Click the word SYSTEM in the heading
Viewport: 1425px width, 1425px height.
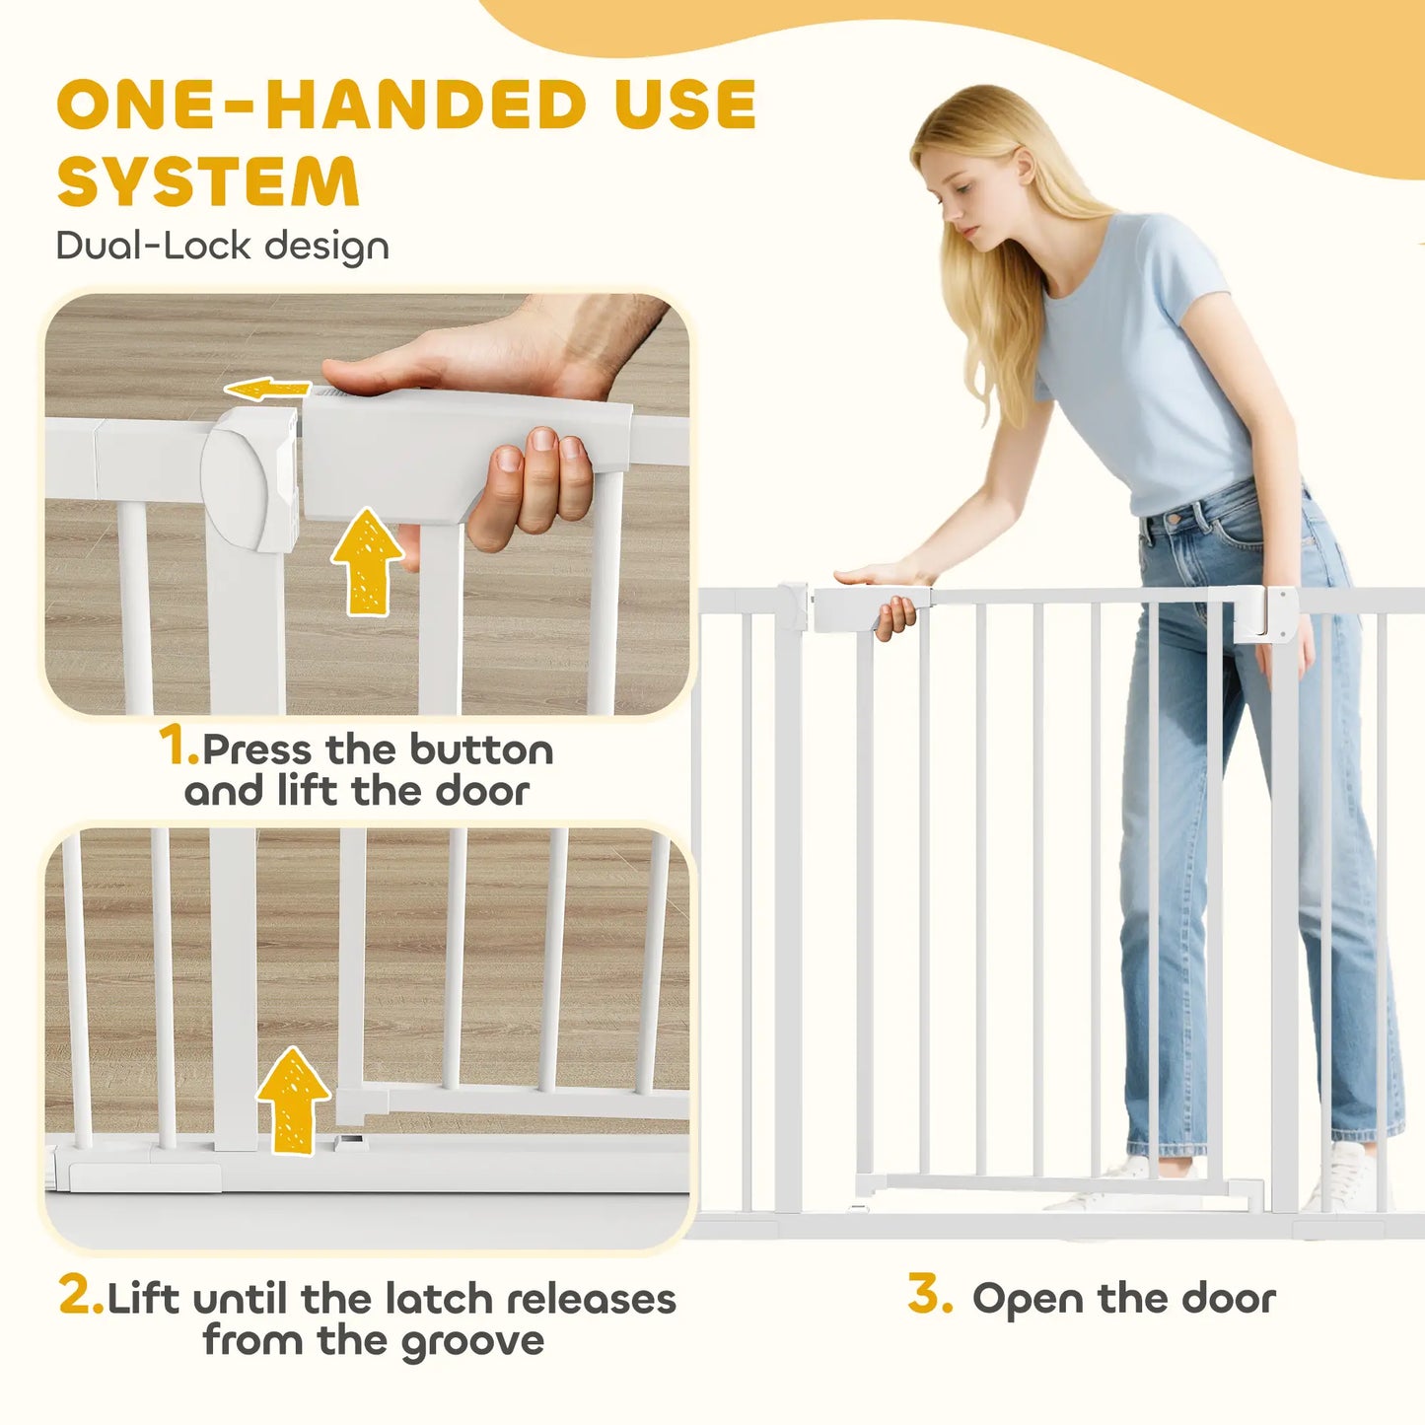[x=208, y=180]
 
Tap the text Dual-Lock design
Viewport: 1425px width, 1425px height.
[x=223, y=247]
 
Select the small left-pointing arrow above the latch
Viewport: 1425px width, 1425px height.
[x=267, y=389]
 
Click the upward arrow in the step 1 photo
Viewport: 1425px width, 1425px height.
[x=367, y=560]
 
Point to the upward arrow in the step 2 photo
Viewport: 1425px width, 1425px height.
[x=293, y=1100]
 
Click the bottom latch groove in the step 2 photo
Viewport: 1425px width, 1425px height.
[x=352, y=1143]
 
